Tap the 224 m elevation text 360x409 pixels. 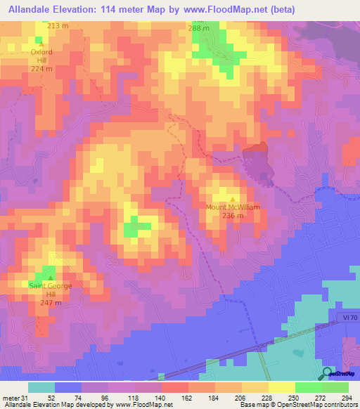pos(41,69)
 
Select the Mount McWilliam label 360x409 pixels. pos(233,207)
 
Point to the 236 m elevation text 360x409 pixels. pos(233,216)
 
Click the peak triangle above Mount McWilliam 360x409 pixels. pos(233,199)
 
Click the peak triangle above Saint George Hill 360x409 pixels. pos(50,278)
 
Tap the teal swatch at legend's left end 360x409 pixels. pos(41,387)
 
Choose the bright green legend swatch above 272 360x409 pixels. pos(309,387)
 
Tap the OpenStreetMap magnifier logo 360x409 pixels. pos(327,373)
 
